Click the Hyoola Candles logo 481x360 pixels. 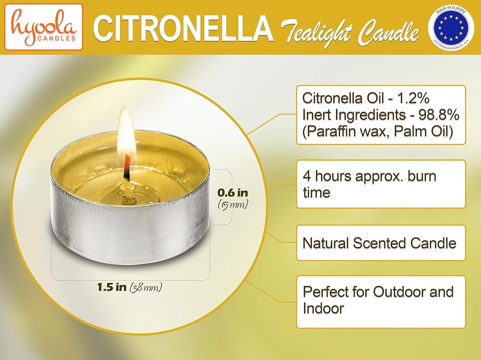[43, 27]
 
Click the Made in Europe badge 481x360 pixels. [451, 27]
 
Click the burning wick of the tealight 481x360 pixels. [126, 167]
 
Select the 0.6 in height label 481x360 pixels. [233, 193]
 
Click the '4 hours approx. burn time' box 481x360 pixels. [380, 184]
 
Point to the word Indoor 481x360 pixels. [323, 309]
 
